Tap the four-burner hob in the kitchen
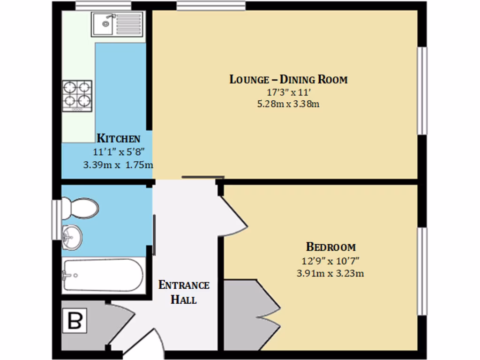click(77, 95)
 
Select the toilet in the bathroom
click(79, 208)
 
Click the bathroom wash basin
click(72, 236)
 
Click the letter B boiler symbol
click(75, 322)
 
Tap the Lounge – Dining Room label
click(288, 79)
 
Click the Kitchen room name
click(118, 138)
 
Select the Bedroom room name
click(330, 247)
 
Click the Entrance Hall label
click(184, 292)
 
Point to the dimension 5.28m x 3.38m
click(288, 104)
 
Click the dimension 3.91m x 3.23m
click(330, 273)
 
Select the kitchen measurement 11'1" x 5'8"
click(118, 151)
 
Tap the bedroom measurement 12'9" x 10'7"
click(330, 260)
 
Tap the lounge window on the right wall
click(422, 90)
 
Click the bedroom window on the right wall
click(422, 271)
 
